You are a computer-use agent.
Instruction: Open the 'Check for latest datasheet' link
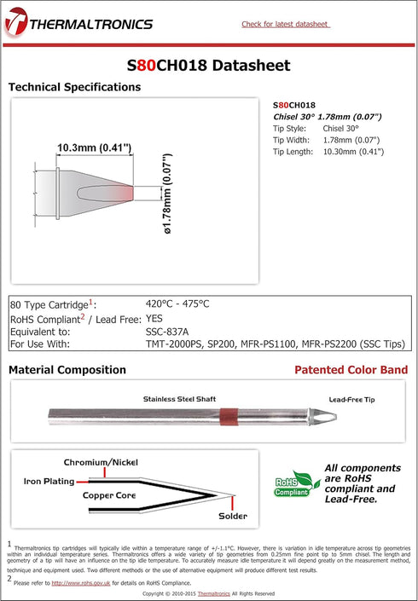click(x=285, y=24)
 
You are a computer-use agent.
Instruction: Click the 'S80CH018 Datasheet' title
click(x=208, y=65)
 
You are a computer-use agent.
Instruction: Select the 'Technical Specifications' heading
click(x=74, y=87)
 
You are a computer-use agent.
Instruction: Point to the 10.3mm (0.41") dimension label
click(x=94, y=147)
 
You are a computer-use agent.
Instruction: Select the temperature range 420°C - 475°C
click(x=177, y=303)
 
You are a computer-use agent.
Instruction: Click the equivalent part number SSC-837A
click(x=167, y=331)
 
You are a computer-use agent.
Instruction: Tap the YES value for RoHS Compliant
click(x=156, y=317)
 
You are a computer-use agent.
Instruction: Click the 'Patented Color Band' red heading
click(x=351, y=370)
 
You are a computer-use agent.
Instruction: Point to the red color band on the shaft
click(x=228, y=417)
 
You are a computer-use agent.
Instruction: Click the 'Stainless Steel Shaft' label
click(x=180, y=399)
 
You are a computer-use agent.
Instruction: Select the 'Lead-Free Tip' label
click(x=351, y=399)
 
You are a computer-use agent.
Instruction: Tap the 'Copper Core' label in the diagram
click(x=110, y=494)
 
